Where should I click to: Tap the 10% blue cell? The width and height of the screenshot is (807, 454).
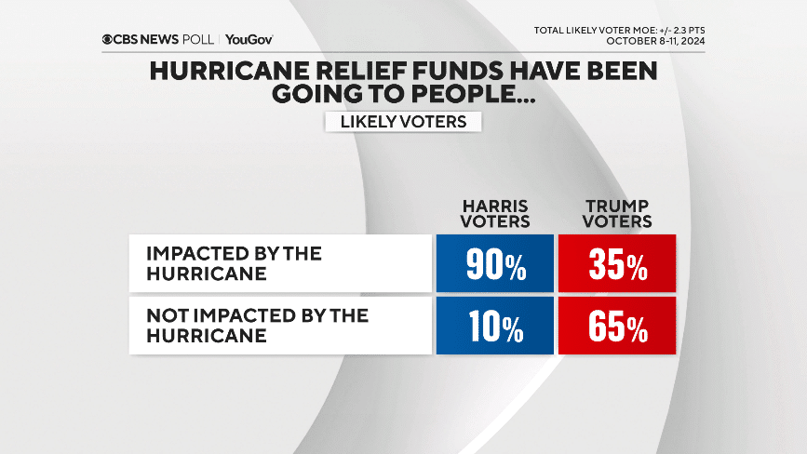click(495, 326)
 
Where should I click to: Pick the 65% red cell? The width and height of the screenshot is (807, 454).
click(617, 326)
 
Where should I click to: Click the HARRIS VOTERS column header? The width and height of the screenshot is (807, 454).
click(496, 213)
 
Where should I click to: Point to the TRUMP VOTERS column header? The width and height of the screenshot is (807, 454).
click(618, 213)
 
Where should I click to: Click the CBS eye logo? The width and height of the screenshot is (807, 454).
click(109, 40)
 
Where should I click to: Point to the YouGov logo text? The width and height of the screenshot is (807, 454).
click(249, 40)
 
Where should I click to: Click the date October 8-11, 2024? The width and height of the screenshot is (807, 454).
click(655, 41)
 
